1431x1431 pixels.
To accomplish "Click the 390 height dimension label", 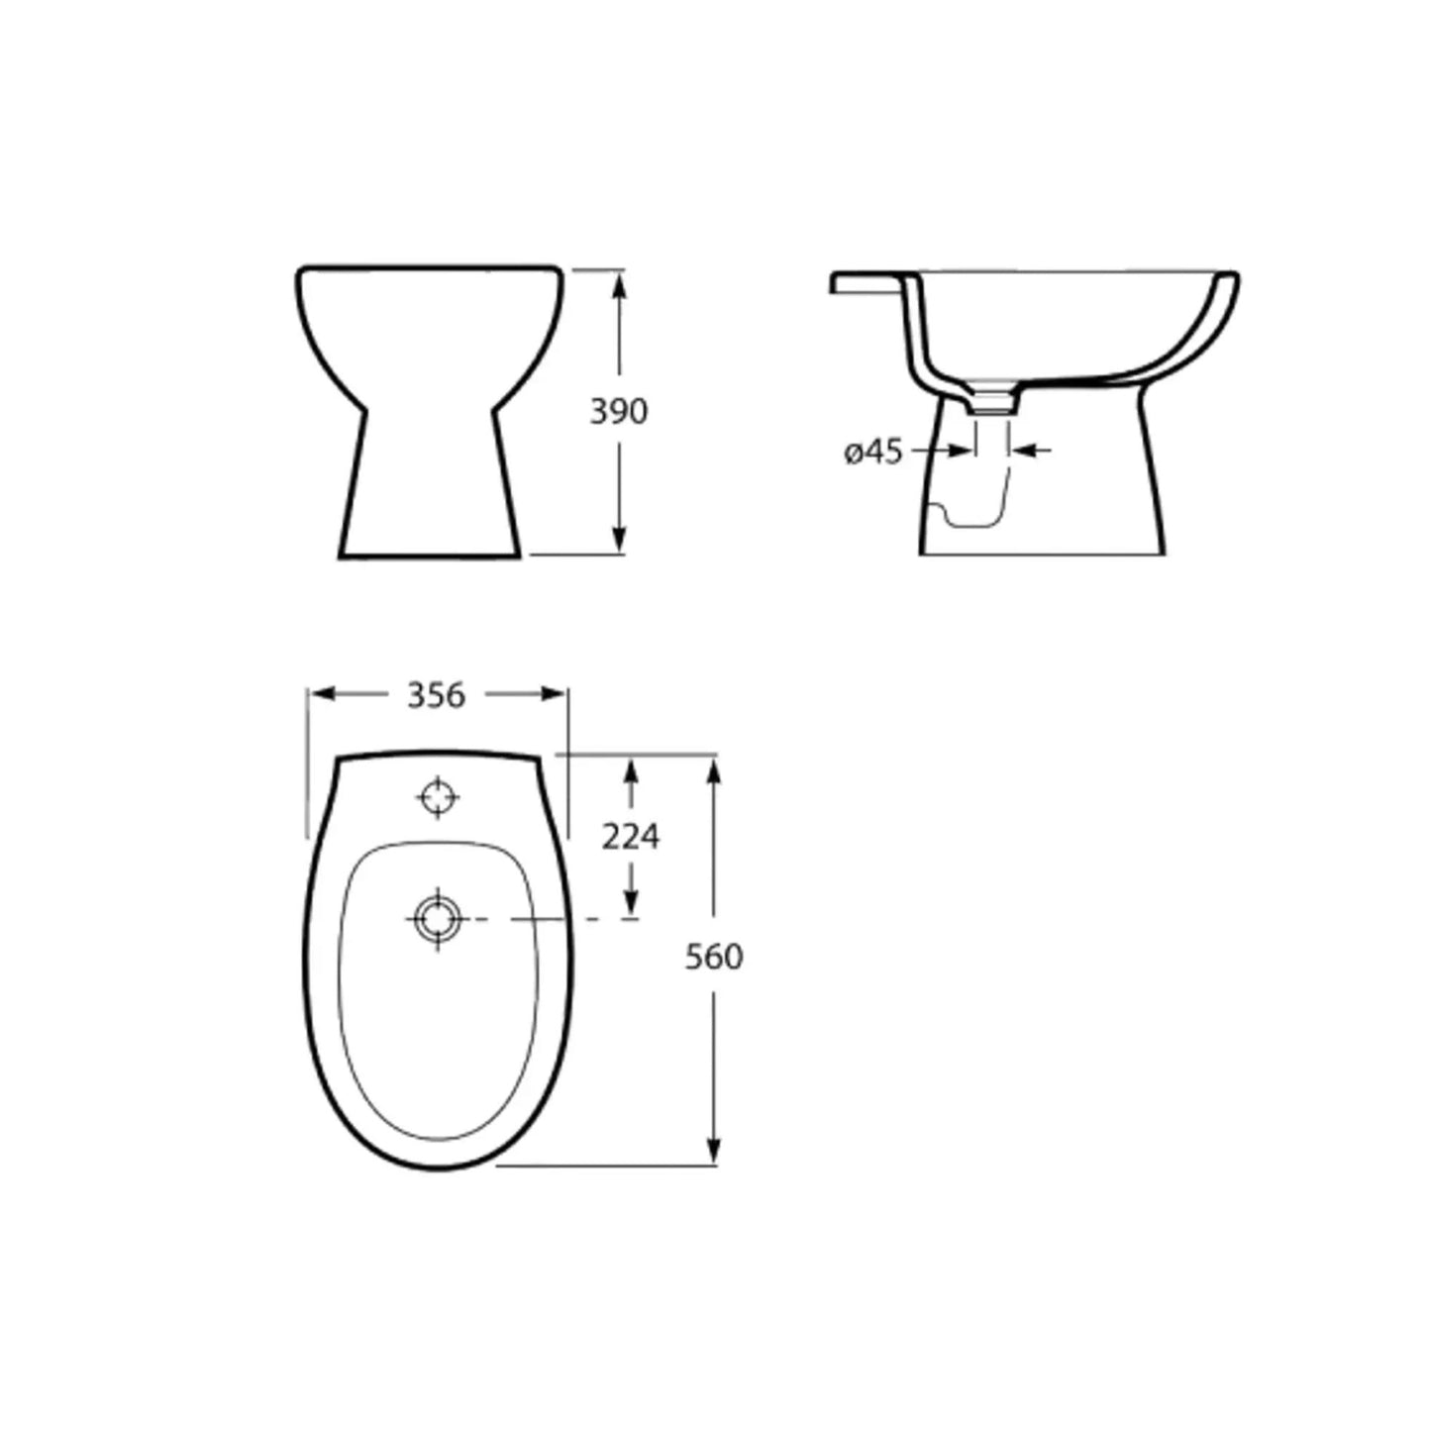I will coord(619,411).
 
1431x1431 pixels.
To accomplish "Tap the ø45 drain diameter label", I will coord(873,452).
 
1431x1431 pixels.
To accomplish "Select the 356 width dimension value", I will coord(436,695).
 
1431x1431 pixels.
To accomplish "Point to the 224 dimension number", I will coord(631,837).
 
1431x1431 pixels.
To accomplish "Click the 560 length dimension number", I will coord(714,957).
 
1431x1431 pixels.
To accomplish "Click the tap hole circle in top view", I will coord(438,796).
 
